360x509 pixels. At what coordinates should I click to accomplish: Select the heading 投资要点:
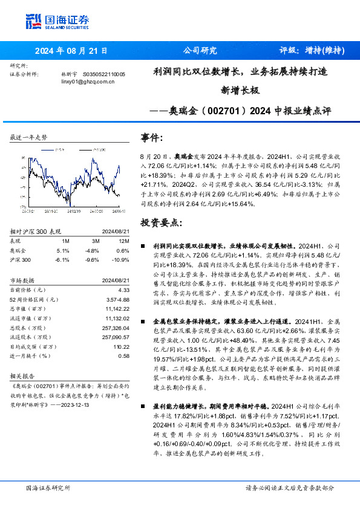pyautogui.click(x=160, y=222)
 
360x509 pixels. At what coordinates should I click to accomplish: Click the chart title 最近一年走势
pyautogui.click(x=28, y=137)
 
